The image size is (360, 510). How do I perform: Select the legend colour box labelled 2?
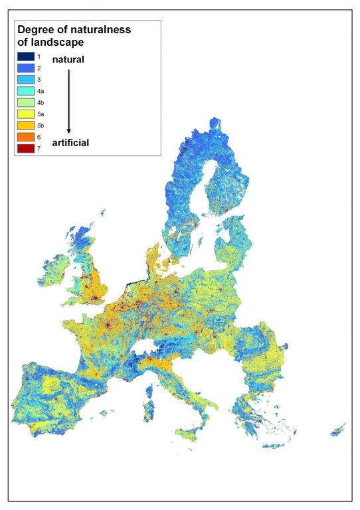26,68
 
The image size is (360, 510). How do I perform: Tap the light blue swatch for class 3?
26,80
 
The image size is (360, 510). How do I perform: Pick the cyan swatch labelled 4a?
26,91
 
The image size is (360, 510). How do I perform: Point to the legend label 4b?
41,102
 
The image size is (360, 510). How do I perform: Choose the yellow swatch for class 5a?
26,114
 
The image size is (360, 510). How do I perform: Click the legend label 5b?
41,125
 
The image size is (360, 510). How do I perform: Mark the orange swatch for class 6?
26,136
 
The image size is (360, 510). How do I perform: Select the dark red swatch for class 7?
26,147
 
